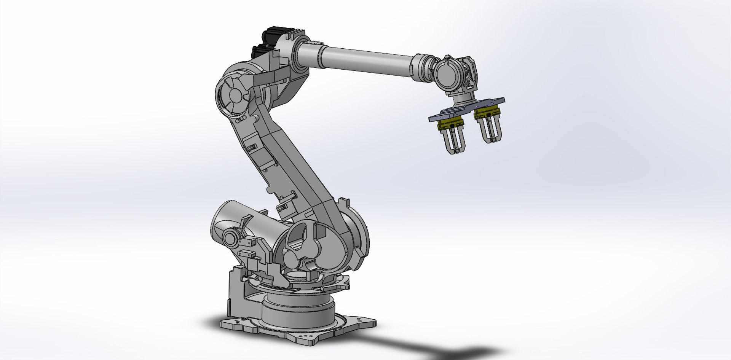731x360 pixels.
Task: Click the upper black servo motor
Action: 275,33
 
